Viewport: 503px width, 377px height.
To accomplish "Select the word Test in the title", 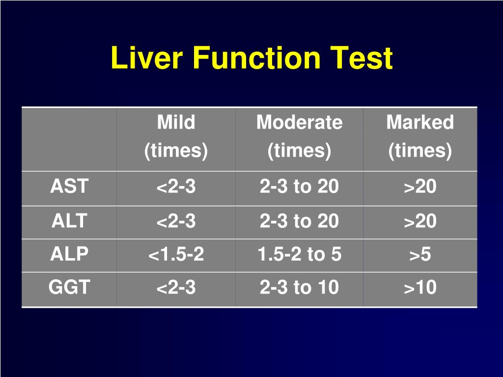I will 363,58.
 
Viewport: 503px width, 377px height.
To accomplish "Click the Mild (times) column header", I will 176,136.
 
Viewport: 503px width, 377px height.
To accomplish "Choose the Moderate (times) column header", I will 299,136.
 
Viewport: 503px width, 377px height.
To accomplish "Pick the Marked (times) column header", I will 420,136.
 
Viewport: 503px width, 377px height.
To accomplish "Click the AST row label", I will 69,187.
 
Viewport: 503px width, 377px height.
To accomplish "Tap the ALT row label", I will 69,221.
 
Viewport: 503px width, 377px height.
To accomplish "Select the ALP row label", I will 69,254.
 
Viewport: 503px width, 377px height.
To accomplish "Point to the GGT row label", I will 69,287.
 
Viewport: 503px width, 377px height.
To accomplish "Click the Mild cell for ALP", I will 176,255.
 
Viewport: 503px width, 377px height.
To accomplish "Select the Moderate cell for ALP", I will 299,255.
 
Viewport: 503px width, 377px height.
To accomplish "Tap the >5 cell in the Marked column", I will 420,255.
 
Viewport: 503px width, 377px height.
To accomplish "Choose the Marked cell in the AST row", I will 420,187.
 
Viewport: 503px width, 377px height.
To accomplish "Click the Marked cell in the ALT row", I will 420,221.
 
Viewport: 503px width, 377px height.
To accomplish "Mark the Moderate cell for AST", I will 299,187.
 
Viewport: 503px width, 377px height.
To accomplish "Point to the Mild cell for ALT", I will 176,221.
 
